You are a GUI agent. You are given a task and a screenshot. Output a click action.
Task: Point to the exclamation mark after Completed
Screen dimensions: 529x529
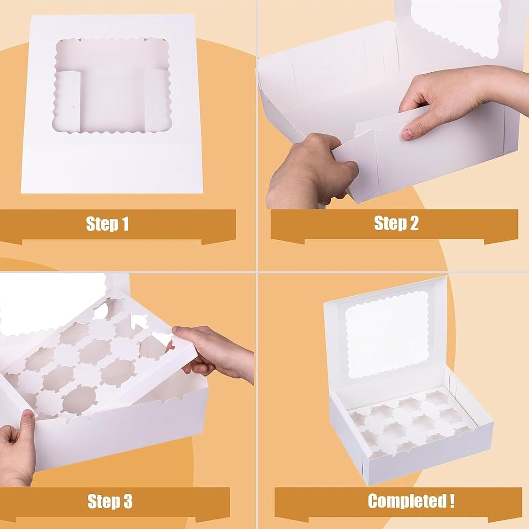point(452,501)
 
